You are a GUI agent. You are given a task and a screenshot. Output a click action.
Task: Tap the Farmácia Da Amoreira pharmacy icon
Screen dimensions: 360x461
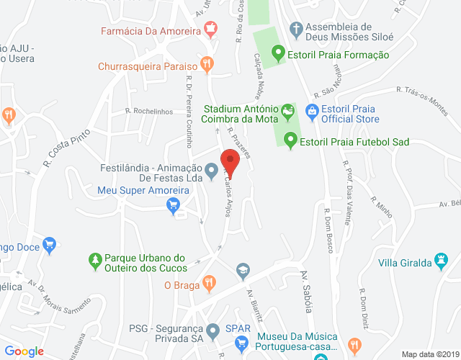pos(210,30)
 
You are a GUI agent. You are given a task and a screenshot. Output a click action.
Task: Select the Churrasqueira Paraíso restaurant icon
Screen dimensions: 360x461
pos(207,63)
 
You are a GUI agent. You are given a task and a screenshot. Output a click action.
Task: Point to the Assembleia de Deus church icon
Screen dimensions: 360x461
pos(295,30)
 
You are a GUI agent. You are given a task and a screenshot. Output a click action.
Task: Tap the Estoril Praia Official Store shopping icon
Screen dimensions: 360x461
pos(312,111)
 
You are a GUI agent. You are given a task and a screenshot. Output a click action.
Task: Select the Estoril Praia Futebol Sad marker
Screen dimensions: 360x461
pos(291,140)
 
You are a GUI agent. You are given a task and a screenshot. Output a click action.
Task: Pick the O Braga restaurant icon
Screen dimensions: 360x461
pos(208,282)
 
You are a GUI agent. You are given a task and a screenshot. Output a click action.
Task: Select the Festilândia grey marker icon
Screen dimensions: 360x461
pos(212,171)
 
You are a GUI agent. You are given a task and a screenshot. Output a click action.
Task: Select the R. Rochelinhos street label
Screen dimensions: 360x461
pos(148,111)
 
